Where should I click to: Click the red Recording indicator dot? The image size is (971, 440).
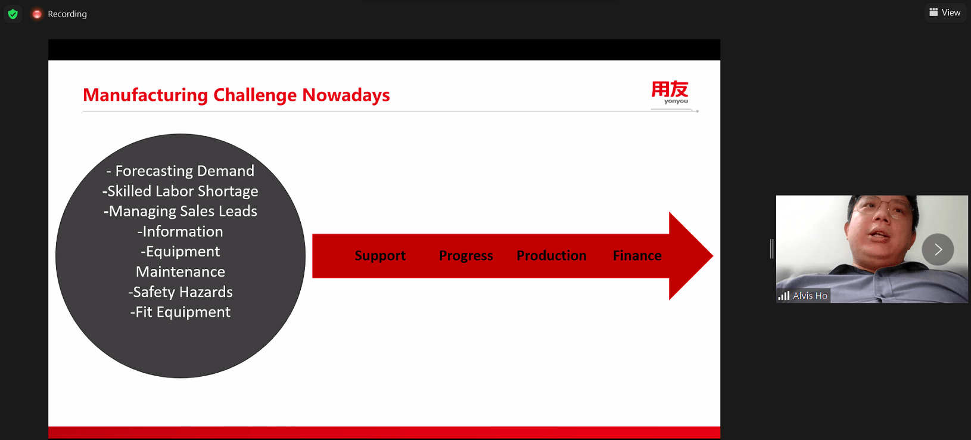click(x=37, y=14)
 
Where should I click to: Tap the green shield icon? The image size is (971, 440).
click(x=13, y=14)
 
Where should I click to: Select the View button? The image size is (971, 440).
click(x=945, y=13)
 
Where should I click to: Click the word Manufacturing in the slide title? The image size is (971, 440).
click(x=145, y=95)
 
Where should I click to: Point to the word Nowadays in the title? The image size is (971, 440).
click(x=346, y=95)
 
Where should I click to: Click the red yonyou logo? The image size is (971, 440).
click(x=670, y=91)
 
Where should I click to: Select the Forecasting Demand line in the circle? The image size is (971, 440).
click(x=180, y=171)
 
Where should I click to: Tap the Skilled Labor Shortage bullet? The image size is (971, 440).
click(x=180, y=191)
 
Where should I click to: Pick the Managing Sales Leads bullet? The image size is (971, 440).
click(x=180, y=211)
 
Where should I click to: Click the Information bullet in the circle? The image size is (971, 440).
click(x=180, y=231)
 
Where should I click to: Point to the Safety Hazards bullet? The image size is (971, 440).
click(x=180, y=292)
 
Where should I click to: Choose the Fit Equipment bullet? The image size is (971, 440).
click(x=180, y=312)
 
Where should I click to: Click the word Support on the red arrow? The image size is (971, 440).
click(x=380, y=256)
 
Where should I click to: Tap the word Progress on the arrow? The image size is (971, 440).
click(x=466, y=256)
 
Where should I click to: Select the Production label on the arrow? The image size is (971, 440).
click(x=552, y=256)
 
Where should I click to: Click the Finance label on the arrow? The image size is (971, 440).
click(x=637, y=256)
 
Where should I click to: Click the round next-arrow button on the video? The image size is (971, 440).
click(x=938, y=249)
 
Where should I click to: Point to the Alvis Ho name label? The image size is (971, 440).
click(x=810, y=296)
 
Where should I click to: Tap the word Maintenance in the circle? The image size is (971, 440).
click(x=180, y=272)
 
